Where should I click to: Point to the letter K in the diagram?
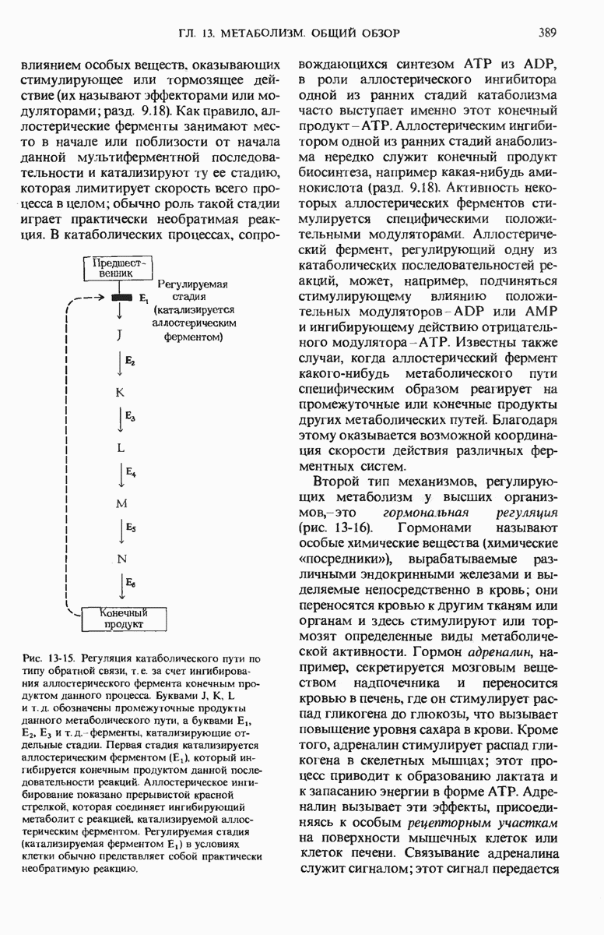[121, 392]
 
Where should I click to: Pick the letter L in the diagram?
[121, 448]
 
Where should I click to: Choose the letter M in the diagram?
[121, 503]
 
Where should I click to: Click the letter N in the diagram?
[121, 559]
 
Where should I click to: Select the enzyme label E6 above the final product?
[130, 584]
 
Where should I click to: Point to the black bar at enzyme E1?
[121, 298]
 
